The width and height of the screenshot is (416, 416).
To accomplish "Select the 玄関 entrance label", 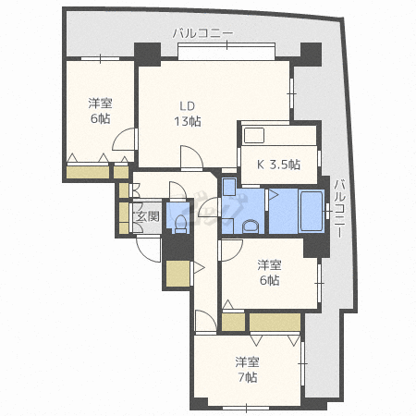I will click(147, 218).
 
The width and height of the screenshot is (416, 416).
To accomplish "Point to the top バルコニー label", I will click(202, 33).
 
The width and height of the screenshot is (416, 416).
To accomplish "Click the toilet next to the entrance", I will click(177, 222).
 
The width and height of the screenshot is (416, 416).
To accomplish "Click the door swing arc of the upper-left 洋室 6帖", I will click(122, 141).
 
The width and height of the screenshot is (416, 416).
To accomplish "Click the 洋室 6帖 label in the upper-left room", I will click(99, 111).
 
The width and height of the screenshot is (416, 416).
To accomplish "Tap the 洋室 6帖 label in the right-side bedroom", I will click(269, 273).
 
